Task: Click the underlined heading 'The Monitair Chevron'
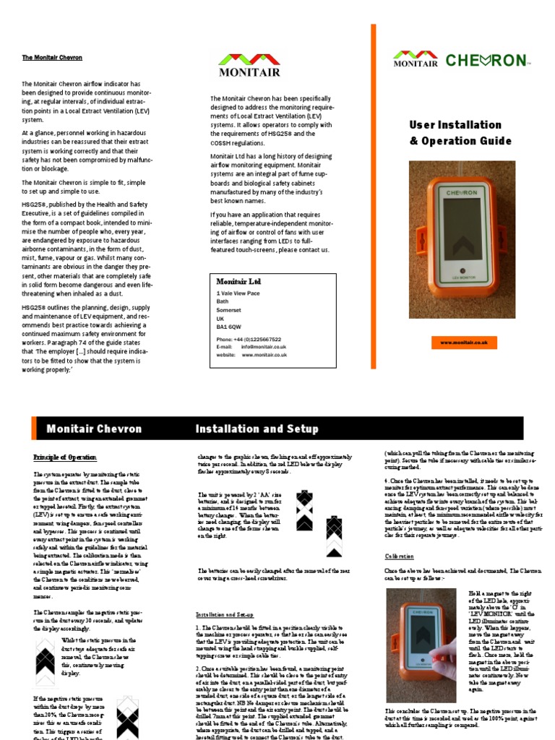pos(52,57)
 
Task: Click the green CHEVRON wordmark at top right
pos(486,60)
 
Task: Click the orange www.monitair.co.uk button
pos(463,343)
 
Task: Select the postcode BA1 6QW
pos(229,327)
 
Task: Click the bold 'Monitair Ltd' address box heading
pos(238,281)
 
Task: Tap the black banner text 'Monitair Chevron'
pos(94,429)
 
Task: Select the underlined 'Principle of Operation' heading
pos(65,457)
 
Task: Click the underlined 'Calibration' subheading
pos(399,556)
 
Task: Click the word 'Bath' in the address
pos(222,301)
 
